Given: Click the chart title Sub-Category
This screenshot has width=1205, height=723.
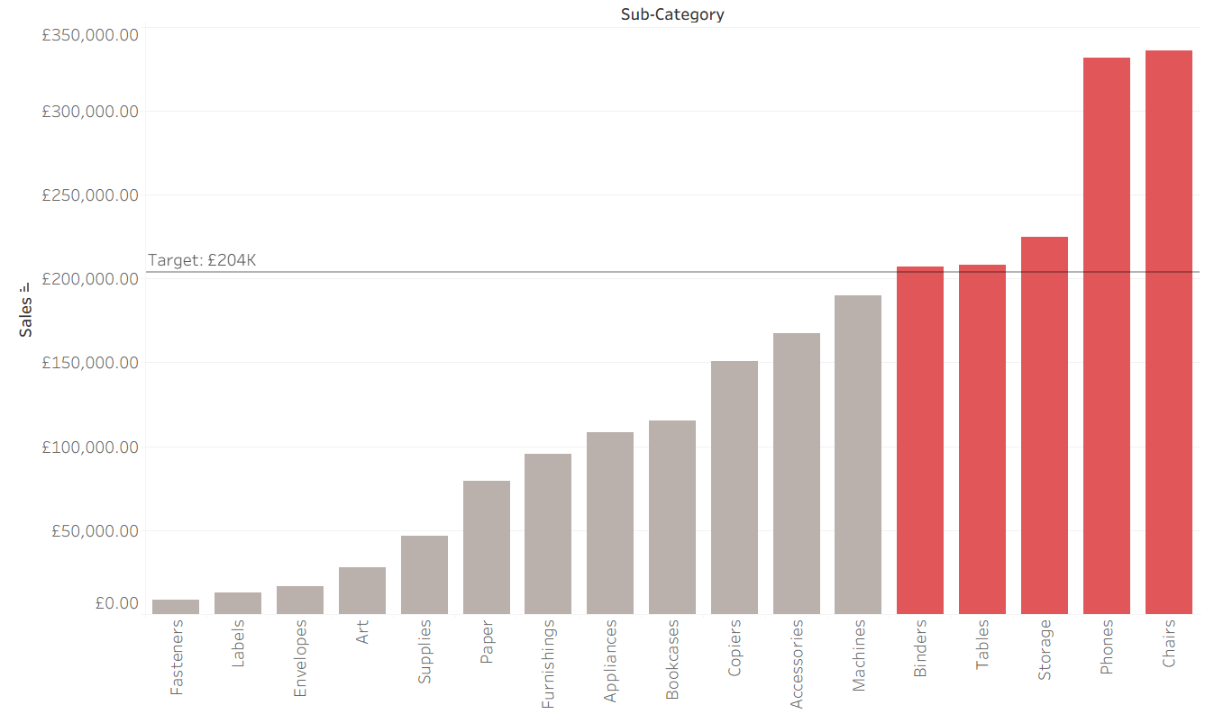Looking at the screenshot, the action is [671, 14].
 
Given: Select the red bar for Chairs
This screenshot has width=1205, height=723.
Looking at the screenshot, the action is [1168, 332].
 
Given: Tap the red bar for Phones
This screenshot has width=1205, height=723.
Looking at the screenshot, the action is [1107, 336].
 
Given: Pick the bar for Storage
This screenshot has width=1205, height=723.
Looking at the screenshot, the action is [1045, 425].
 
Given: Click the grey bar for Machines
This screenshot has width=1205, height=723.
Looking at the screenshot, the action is [858, 455].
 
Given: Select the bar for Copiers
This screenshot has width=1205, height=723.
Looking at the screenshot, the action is [735, 488].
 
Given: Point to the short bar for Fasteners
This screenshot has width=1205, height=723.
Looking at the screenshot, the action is [176, 607].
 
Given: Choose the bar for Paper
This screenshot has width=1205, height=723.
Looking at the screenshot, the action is [487, 547].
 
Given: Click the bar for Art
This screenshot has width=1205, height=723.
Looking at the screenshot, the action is [362, 591].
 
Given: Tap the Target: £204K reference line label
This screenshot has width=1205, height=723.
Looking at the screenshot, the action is [202, 260].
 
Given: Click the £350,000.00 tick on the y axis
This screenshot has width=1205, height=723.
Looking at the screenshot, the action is [90, 35].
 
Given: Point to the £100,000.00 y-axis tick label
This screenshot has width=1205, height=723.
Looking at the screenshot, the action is [90, 447].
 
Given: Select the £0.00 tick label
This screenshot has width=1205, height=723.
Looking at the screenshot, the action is [117, 603].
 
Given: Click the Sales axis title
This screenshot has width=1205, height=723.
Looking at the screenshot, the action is [25, 318].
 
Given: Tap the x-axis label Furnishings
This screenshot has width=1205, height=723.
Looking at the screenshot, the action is [548, 664].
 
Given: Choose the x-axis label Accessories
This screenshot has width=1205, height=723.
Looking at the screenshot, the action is [796, 664].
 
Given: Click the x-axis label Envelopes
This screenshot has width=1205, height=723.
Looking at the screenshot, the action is [299, 658].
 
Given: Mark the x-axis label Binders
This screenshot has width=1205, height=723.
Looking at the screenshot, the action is [920, 648].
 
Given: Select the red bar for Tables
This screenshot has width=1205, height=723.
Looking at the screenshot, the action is [982, 439].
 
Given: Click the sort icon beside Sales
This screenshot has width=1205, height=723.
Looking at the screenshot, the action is [24, 289].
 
